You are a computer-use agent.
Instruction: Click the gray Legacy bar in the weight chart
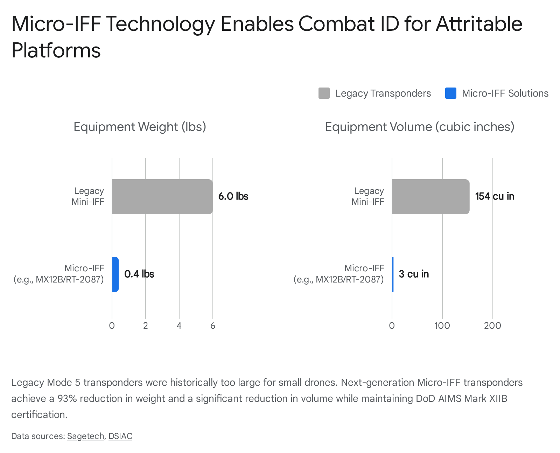click(162, 196)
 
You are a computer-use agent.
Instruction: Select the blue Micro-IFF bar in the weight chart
click(115, 274)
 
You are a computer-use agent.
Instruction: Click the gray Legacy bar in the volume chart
click(430, 196)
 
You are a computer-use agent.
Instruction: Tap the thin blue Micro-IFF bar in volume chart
click(393, 274)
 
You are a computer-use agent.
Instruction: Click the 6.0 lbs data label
click(233, 196)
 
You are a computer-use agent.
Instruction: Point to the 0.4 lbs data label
click(139, 274)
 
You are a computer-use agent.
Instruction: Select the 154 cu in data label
click(495, 196)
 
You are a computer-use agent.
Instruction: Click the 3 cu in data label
click(414, 274)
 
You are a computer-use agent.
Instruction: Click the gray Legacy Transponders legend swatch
click(324, 93)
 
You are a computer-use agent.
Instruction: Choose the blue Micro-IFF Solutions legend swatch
click(450, 93)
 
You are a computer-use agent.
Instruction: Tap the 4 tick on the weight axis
click(179, 326)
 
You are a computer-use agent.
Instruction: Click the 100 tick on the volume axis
click(442, 326)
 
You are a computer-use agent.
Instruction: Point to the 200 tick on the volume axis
click(492, 326)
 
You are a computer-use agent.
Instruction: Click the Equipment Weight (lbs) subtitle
click(140, 127)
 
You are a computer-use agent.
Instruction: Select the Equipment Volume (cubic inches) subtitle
click(420, 127)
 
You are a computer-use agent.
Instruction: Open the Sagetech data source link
click(85, 436)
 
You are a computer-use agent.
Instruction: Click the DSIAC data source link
click(120, 436)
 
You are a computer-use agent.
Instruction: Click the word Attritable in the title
click(479, 24)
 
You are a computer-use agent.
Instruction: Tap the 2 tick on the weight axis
click(146, 326)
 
